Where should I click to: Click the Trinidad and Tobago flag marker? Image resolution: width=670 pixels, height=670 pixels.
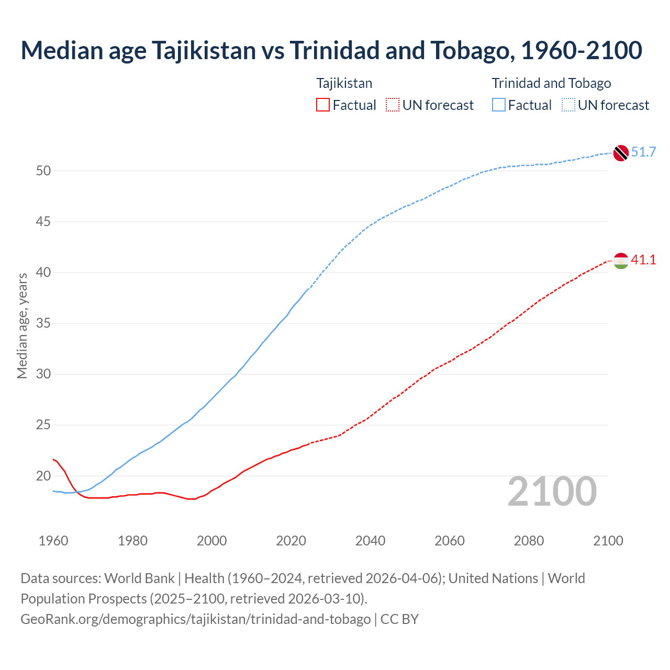(x=621, y=153)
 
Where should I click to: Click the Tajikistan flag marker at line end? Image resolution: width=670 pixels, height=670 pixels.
(x=621, y=261)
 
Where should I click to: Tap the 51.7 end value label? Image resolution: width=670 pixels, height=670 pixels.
(x=643, y=152)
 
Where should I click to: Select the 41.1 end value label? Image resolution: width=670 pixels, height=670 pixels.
(x=643, y=260)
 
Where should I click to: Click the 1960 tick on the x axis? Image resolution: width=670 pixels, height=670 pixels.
(x=53, y=541)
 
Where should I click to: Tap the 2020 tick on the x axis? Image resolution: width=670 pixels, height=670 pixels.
(x=291, y=541)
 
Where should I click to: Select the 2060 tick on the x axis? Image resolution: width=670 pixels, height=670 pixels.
(x=450, y=541)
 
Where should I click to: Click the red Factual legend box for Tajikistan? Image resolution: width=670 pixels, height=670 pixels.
(x=323, y=105)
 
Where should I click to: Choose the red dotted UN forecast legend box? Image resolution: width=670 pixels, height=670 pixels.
(x=393, y=105)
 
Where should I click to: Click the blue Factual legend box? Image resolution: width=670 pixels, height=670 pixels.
(x=499, y=105)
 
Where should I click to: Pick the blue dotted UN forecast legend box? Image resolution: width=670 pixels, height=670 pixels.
(x=568, y=105)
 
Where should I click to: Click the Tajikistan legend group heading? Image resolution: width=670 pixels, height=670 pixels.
(x=344, y=83)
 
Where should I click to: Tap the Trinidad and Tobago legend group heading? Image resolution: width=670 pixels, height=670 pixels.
(x=551, y=83)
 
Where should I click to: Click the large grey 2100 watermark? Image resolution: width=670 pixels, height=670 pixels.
(x=552, y=492)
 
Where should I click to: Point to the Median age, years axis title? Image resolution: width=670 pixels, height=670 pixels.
(x=22, y=326)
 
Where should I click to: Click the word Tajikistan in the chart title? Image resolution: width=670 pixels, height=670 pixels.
(x=204, y=51)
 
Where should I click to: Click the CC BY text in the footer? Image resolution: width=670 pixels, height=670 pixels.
(x=399, y=619)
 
